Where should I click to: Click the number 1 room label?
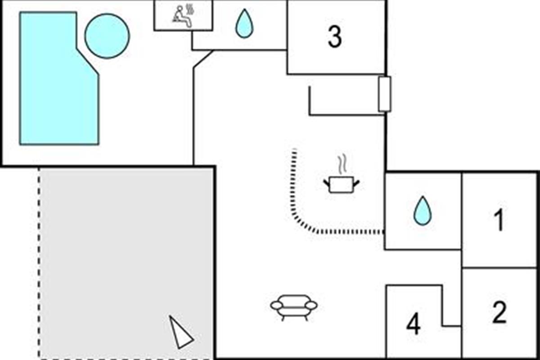499,220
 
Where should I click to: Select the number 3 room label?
334,37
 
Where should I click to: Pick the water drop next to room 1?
422,211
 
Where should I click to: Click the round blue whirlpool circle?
107,36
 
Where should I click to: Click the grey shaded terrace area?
121,252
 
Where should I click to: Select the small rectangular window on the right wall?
384,94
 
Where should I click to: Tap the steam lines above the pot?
343,165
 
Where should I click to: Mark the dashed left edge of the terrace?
39,261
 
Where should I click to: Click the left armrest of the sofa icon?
276,306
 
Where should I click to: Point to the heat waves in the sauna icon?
190,9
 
